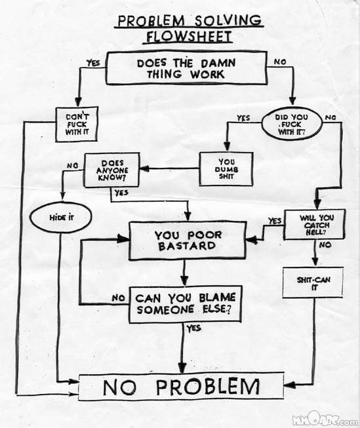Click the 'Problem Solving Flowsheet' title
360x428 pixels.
pos(189,29)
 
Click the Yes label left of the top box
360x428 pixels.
pos(93,63)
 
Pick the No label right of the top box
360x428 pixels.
pos(280,62)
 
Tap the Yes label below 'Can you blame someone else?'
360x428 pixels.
pos(193,328)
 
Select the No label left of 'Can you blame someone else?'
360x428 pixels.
pos(118,298)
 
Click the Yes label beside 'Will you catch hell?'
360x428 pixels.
pos(275,220)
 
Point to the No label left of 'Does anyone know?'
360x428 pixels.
pos(72,166)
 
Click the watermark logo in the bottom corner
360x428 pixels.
pos(325,419)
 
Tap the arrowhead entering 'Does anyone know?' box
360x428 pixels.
pos(144,168)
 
